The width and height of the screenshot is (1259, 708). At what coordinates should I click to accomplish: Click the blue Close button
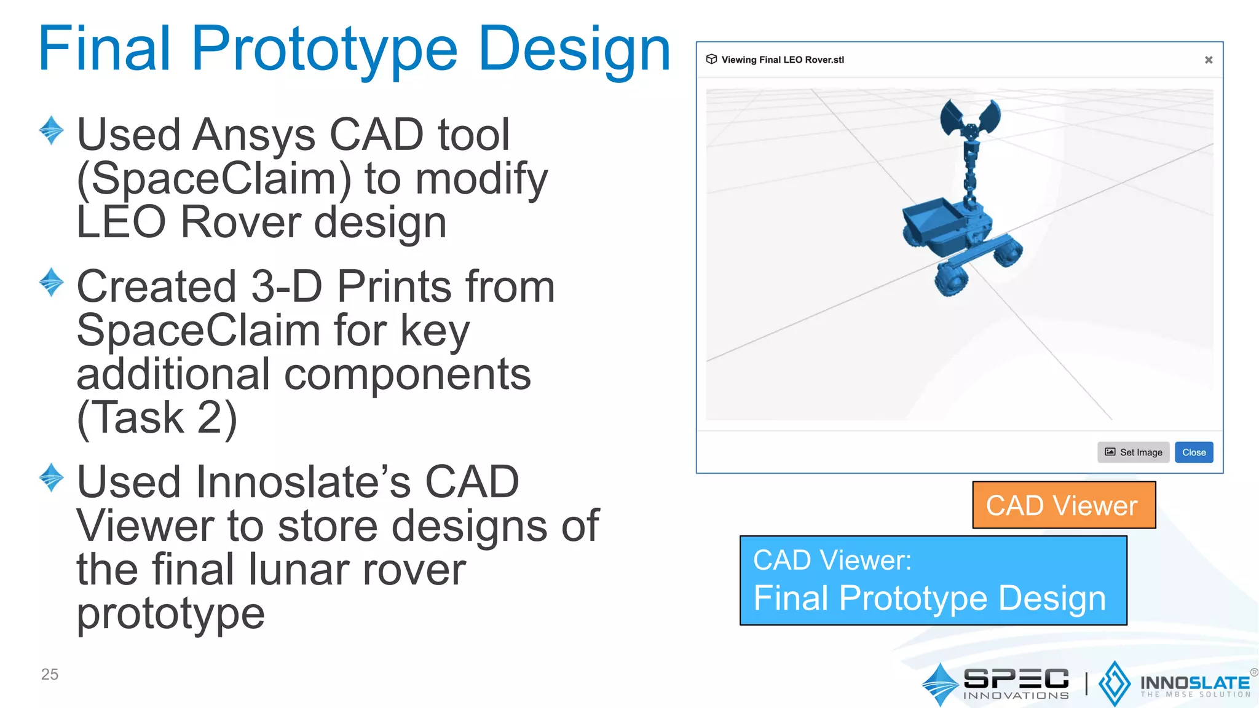tap(1193, 452)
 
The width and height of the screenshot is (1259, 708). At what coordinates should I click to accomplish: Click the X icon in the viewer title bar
tap(1208, 60)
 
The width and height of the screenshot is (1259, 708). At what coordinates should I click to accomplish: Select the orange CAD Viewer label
tap(1064, 505)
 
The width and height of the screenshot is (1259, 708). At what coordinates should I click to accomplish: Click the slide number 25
tap(50, 674)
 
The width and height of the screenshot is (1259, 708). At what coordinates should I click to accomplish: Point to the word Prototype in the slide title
tap(324, 49)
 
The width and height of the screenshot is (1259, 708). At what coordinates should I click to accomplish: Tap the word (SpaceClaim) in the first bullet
tap(213, 179)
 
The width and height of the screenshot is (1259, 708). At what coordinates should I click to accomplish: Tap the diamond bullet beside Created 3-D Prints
tap(52, 282)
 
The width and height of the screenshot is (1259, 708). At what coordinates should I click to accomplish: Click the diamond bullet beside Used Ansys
tap(52, 130)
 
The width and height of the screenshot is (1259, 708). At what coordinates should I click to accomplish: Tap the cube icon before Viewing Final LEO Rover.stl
tap(711, 59)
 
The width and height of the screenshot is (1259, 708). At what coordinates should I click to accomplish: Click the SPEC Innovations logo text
tap(1016, 682)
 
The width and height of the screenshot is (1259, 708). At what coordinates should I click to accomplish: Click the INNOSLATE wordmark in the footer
tap(1194, 683)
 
